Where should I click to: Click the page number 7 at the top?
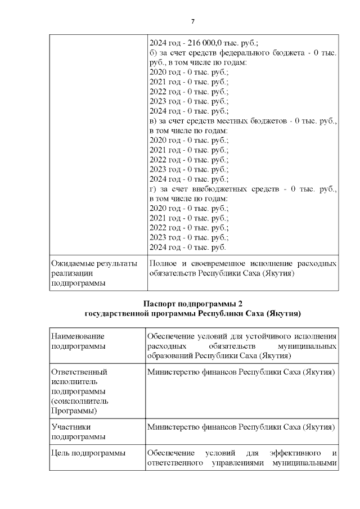click(x=193, y=21)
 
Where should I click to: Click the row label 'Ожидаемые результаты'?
click(x=94, y=263)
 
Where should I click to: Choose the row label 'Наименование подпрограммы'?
click(x=78, y=341)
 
